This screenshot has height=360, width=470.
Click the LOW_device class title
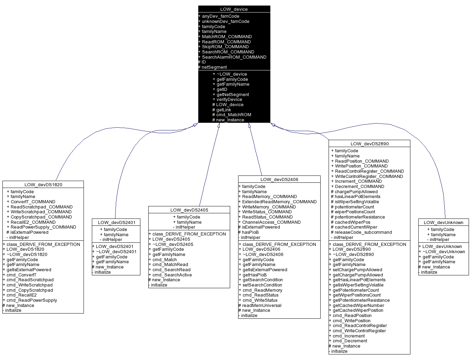(234, 9)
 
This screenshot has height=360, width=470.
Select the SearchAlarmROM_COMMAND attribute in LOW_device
(234, 57)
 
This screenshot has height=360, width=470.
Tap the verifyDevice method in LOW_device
(229, 100)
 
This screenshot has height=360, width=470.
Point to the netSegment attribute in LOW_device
(214, 67)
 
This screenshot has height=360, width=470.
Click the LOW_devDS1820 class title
(43, 185)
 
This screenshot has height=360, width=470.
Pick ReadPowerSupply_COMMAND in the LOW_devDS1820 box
(43, 227)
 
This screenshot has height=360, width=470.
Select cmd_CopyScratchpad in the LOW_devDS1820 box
(29, 290)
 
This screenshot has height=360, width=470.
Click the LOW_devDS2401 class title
(116, 222)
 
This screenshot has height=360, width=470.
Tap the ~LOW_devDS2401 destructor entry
(116, 252)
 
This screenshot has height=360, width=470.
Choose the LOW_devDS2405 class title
(189, 210)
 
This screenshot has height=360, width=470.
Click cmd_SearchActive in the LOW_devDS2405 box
(172, 275)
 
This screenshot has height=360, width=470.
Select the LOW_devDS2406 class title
(279, 179)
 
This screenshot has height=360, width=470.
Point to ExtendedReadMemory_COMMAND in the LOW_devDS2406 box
(279, 202)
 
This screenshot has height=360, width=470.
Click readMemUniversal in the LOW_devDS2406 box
(262, 306)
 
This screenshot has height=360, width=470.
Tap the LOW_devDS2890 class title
(369, 144)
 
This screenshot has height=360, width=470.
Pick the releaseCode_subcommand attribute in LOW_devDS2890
(363, 232)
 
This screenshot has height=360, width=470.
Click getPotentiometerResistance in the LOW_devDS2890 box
(361, 300)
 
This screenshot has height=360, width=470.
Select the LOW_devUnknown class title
(443, 222)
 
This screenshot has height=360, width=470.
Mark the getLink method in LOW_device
(224, 110)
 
